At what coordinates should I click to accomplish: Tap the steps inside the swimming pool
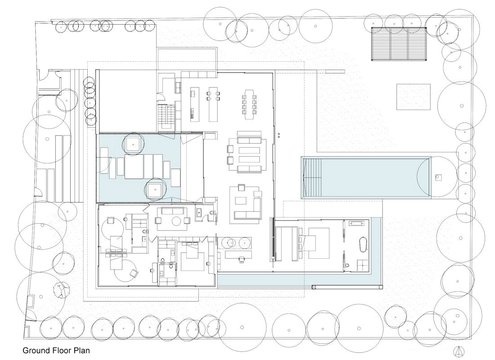[x=313, y=177]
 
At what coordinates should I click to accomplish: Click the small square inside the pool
[x=436, y=177]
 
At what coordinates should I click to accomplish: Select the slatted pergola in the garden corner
[x=399, y=44]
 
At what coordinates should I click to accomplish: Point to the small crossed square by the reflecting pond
[x=314, y=287]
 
